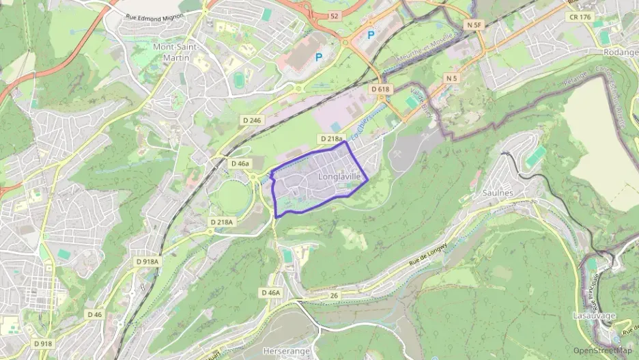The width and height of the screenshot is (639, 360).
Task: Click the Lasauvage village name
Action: click(595, 316)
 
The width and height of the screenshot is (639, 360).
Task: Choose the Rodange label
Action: click(620, 52)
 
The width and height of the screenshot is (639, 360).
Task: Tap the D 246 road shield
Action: click(252, 120)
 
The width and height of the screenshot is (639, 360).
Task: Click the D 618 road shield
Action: click(381, 89)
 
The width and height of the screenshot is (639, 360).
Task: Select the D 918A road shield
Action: click(147, 262)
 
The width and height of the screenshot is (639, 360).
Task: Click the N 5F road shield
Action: click(474, 25)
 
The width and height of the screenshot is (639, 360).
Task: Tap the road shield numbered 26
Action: click(334, 296)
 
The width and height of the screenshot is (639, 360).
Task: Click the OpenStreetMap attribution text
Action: click(603, 350)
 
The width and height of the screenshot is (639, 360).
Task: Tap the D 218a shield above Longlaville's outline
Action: click(330, 139)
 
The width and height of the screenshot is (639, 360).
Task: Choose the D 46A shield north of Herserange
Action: click(270, 292)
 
